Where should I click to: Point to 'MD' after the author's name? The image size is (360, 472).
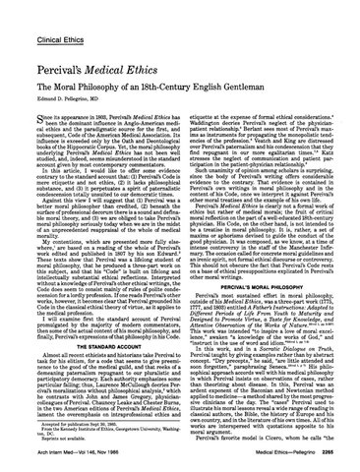click(105, 85)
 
